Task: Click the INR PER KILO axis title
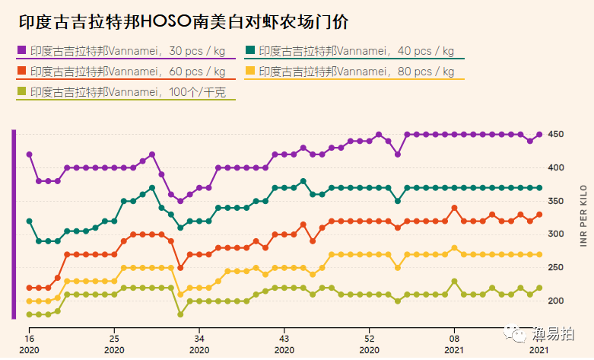[x=583, y=215]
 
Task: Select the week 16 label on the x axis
[x=29, y=338]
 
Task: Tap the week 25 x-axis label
[x=113, y=338]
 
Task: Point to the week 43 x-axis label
[x=284, y=338]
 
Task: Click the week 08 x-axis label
[x=454, y=338]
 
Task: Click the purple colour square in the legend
[x=21, y=52]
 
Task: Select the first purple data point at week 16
[x=29, y=155]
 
